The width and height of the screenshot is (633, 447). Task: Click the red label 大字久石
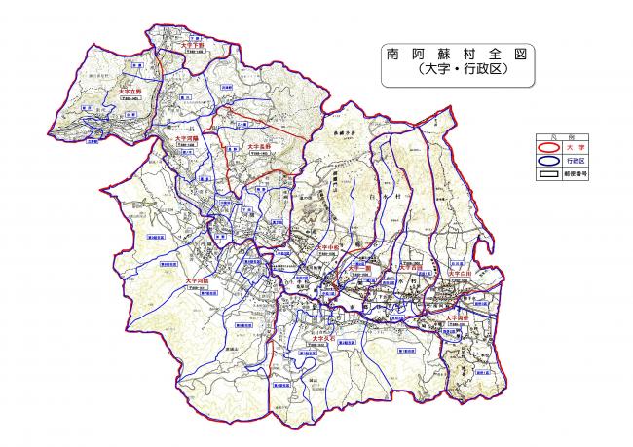pyautogui.click(x=340, y=338)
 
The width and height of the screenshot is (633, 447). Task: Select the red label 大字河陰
pyautogui.click(x=199, y=281)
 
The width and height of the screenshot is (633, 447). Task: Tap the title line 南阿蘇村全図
pyautogui.click(x=456, y=56)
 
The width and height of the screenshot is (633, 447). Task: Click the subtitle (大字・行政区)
pyautogui.click(x=456, y=73)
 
